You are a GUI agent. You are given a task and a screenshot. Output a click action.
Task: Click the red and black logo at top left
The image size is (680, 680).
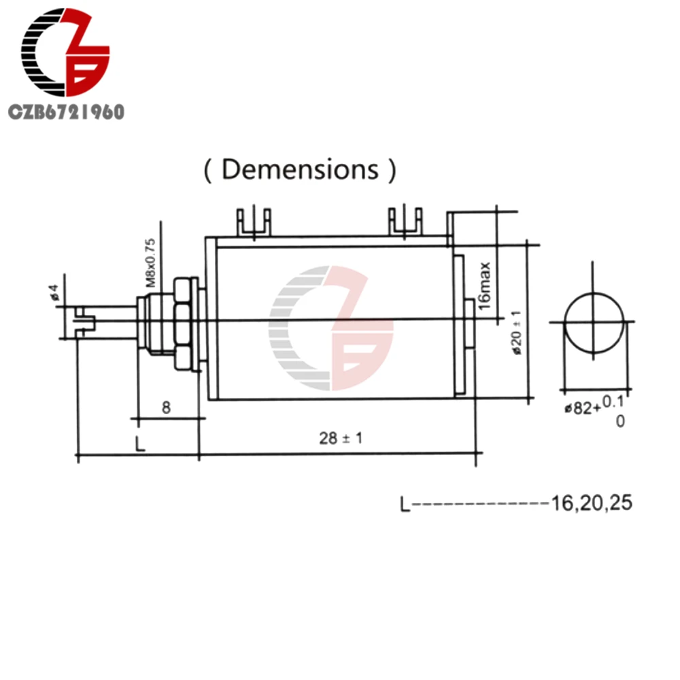coord(65,52)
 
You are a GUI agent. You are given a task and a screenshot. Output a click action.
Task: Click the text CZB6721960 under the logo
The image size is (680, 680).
coord(67,112)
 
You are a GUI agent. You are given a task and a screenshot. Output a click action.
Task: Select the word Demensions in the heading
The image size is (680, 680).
coord(300,169)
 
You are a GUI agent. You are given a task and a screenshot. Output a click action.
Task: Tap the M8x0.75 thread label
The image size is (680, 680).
coord(150,262)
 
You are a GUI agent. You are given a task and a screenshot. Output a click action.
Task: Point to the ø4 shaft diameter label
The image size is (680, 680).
coord(54,292)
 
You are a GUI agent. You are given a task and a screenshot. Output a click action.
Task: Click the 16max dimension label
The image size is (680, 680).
coord(484,286)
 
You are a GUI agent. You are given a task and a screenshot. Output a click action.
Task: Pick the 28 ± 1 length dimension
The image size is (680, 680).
coord(341,438)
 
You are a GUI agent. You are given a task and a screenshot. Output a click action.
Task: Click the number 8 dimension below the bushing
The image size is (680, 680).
coord(166,407)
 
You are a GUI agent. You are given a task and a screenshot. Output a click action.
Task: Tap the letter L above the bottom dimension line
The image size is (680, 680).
coord(140,443)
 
